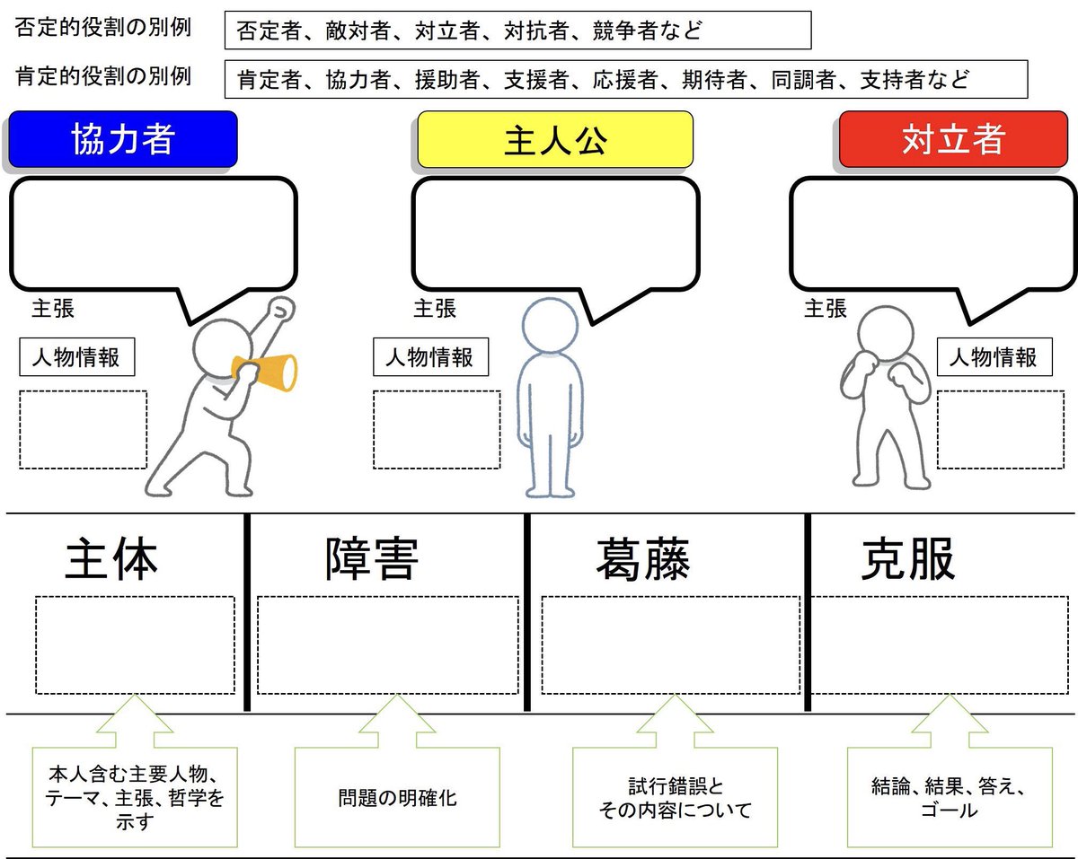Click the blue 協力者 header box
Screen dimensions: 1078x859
coord(123,139)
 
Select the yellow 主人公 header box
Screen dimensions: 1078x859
coord(555,139)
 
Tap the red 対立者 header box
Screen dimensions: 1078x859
coord(953,139)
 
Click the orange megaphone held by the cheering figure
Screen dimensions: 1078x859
coord(266,373)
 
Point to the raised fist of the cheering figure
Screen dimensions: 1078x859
coord(280,311)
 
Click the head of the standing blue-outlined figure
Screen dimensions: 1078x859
coord(550,325)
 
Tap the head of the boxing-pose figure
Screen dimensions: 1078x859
coord(886,333)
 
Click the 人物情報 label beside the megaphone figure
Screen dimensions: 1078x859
coord(76,357)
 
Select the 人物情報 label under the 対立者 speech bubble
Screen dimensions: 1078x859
coord(994,357)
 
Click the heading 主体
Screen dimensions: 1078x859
coord(111,558)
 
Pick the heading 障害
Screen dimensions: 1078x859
coord(372,558)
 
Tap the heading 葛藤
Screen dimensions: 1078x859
coord(643,558)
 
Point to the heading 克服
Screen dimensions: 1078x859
coord(907,558)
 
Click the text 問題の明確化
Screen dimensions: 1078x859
coord(397,798)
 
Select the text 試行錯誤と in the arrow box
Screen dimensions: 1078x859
coord(676,786)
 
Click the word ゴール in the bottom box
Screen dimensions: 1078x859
coord(950,810)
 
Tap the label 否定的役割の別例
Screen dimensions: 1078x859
coord(103,27)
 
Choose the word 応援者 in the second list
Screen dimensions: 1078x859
coord(625,80)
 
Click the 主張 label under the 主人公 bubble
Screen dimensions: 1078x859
coord(435,309)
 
